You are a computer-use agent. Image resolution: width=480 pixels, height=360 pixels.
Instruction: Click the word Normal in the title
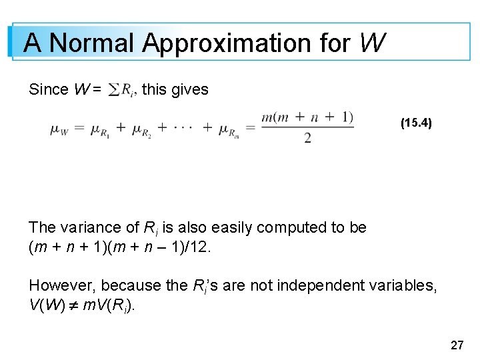(x=93, y=43)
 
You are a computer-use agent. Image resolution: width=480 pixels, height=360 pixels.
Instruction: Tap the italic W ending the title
(x=371, y=43)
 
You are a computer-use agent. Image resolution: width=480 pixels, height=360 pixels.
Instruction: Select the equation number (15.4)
(x=416, y=123)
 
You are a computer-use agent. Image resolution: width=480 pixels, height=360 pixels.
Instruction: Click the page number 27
(x=457, y=345)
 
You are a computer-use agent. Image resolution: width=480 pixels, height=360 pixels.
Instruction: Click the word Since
(x=49, y=89)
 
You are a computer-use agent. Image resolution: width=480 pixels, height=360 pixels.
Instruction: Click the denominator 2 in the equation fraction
(x=307, y=139)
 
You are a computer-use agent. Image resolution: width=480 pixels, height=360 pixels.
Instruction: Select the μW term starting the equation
(x=59, y=129)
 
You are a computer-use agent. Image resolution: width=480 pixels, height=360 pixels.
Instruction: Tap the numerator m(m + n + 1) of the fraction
(x=307, y=117)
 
